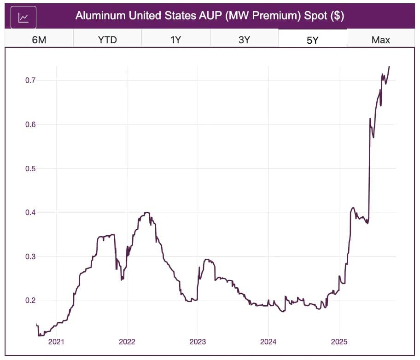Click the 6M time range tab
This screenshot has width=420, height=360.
(x=39, y=40)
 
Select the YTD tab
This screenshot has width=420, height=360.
(x=107, y=40)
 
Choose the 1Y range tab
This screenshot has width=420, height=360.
(x=175, y=40)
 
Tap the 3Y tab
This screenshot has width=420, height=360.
(x=244, y=40)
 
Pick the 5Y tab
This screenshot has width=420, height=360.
(x=312, y=40)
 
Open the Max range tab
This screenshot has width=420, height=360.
(x=380, y=40)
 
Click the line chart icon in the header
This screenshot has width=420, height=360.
(x=23, y=17)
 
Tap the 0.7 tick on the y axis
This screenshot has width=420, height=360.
(x=31, y=81)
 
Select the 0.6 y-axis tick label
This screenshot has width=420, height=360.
(x=31, y=124)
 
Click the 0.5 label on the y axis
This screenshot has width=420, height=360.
(x=31, y=168)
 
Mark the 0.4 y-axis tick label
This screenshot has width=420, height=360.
(x=31, y=212)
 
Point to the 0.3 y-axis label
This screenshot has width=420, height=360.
(x=31, y=256)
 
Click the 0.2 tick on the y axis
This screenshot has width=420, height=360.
(x=31, y=300)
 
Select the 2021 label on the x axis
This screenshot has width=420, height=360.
(x=56, y=342)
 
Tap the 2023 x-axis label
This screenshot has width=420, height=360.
(x=197, y=342)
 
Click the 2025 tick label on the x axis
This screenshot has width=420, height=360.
(x=339, y=342)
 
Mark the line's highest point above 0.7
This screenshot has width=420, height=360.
(x=389, y=67)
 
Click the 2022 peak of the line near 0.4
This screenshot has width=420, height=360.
(x=147, y=212)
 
